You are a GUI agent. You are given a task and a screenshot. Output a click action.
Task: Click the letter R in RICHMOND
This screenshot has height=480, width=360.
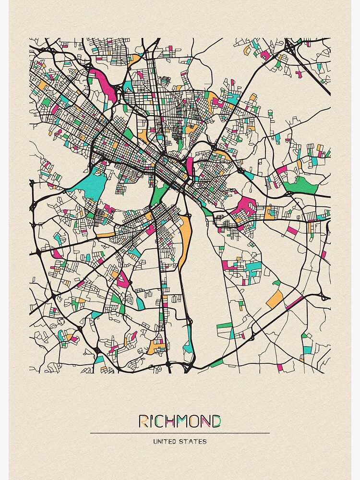tap(144, 421)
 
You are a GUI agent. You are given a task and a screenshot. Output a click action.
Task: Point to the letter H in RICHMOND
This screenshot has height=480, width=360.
tap(171, 421)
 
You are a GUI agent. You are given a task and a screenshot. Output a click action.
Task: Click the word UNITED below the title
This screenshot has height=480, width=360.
tap(165, 441)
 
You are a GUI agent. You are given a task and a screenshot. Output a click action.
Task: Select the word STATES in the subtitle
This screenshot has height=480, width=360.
tap(193, 441)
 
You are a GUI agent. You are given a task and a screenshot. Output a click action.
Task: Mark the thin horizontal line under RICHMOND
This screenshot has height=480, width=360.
tap(180, 433)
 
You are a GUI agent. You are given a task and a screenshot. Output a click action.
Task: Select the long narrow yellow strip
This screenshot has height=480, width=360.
tap(185, 238)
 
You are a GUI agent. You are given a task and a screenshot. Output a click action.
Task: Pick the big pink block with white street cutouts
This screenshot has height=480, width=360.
tap(245, 206)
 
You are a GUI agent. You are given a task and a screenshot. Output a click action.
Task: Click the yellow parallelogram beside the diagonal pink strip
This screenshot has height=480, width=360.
tap(275, 300)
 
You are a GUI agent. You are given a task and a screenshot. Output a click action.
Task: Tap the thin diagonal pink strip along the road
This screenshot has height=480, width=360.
tap(295, 302)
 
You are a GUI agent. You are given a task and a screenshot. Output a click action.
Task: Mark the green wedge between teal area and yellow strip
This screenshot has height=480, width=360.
tap(158, 194)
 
